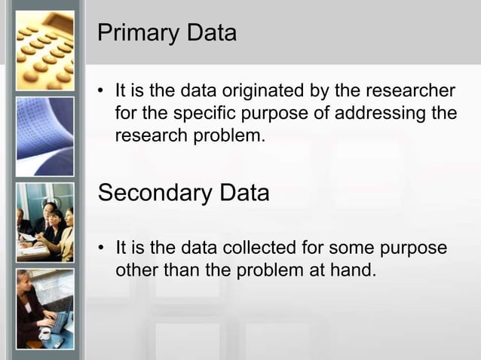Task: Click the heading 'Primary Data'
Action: click(x=167, y=33)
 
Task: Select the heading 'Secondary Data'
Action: click(x=183, y=193)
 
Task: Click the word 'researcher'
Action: click(x=412, y=92)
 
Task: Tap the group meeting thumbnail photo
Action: click(x=45, y=222)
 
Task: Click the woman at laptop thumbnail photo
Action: click(x=45, y=309)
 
